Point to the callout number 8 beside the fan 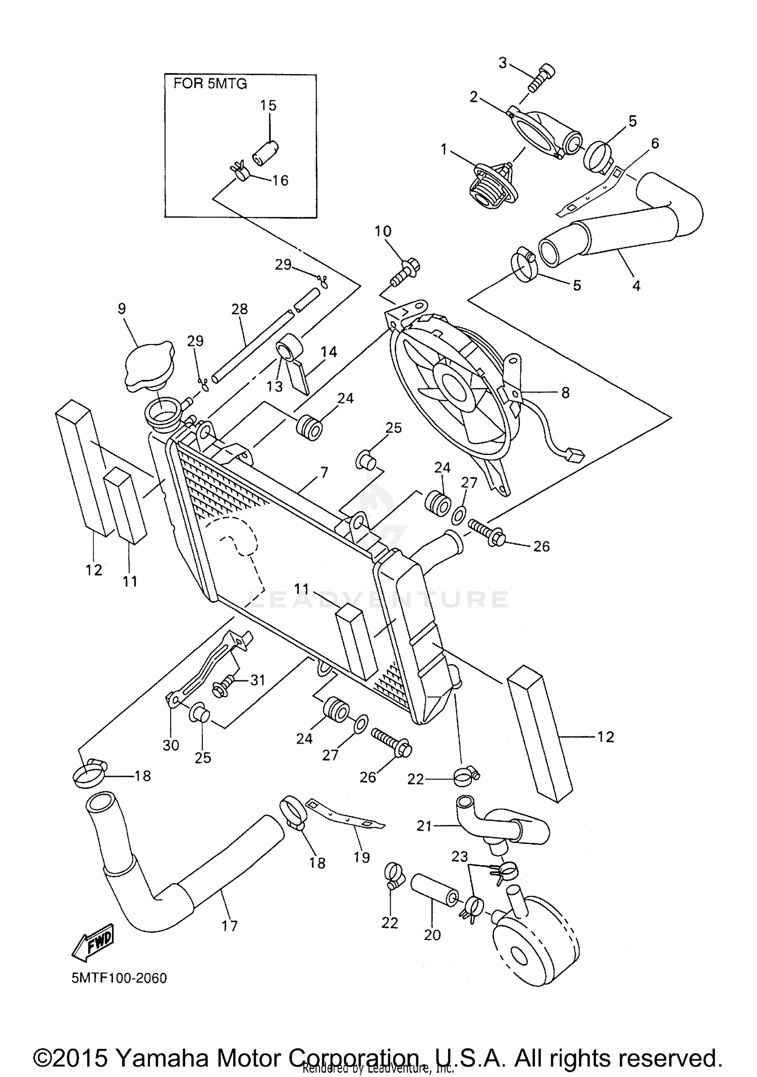(565, 392)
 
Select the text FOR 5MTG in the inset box (210, 84)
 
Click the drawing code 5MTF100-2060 (119, 978)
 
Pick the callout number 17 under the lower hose (230, 926)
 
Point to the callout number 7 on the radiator (323, 473)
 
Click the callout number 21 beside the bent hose (424, 826)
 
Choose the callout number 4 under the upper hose (636, 286)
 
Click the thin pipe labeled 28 (252, 343)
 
